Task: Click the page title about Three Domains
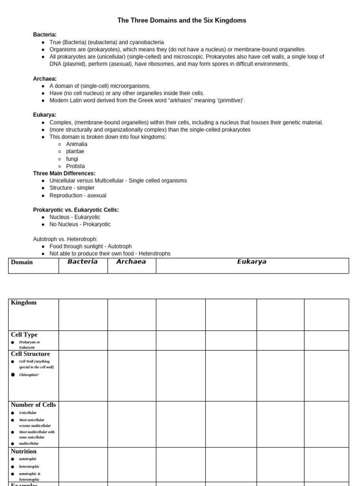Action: tap(182, 21)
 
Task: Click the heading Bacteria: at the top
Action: tap(45, 35)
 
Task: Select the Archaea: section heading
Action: tap(45, 79)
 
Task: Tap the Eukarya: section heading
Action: tap(45, 115)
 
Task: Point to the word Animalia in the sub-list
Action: tap(77, 144)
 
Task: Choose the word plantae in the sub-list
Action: tap(75, 151)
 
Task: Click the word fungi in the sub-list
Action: tap(72, 159)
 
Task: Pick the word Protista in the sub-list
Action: tap(76, 166)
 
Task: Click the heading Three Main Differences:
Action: tap(64, 173)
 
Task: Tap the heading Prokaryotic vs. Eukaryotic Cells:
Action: tap(76, 210)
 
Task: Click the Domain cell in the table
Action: tap(22, 262)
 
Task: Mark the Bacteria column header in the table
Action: tap(82, 262)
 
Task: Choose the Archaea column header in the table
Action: tap(131, 262)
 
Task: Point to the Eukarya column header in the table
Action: tap(252, 262)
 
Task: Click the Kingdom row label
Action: tap(24, 303)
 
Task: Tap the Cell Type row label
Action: tap(24, 335)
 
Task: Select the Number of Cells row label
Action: tap(33, 405)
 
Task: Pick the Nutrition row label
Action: tap(24, 451)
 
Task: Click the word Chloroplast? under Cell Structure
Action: tap(29, 375)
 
